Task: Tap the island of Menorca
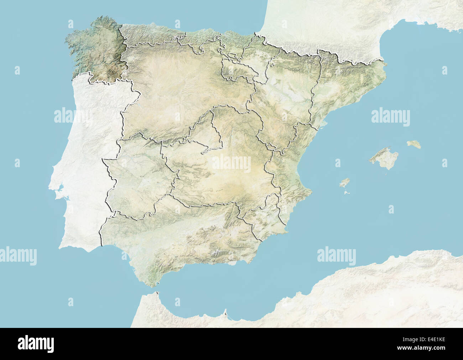tap(414, 144)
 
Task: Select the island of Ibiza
tap(344, 183)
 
